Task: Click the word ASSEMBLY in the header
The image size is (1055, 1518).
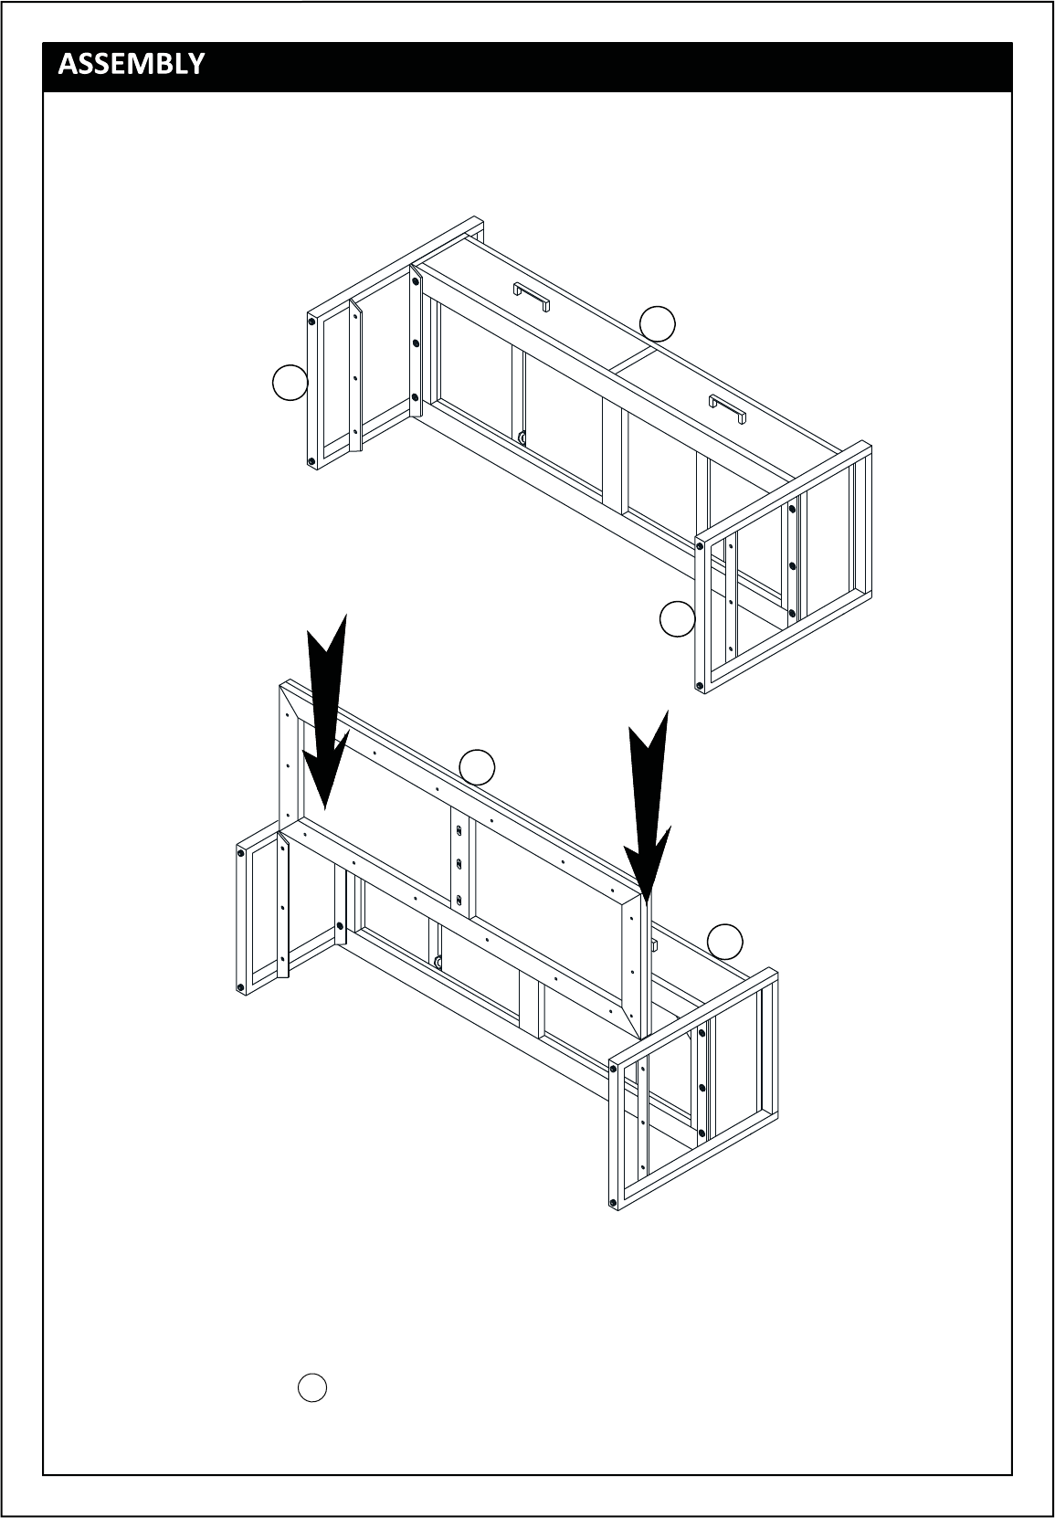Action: (131, 64)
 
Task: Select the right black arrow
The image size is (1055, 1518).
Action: (649, 807)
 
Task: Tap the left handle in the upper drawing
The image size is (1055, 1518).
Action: (532, 297)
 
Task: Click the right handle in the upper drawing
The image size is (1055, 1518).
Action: (727, 409)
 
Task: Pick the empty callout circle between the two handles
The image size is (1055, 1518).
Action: (658, 324)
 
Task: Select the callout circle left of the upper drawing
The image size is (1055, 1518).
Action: (290, 383)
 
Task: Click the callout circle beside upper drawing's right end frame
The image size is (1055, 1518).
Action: (678, 618)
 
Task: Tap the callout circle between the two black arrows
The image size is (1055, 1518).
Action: (477, 767)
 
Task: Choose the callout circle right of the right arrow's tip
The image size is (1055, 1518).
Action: (725, 942)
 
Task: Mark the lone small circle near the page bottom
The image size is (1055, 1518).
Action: (312, 1387)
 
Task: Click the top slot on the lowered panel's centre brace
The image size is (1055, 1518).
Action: (459, 830)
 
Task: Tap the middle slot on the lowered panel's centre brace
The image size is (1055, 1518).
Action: (459, 864)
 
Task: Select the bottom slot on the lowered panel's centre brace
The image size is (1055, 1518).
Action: (459, 900)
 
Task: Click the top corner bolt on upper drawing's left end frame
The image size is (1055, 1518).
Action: (312, 322)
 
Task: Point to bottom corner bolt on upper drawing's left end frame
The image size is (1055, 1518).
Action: (312, 461)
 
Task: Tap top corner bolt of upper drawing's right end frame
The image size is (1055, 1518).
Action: (700, 546)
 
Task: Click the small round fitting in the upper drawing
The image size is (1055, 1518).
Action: (522, 437)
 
